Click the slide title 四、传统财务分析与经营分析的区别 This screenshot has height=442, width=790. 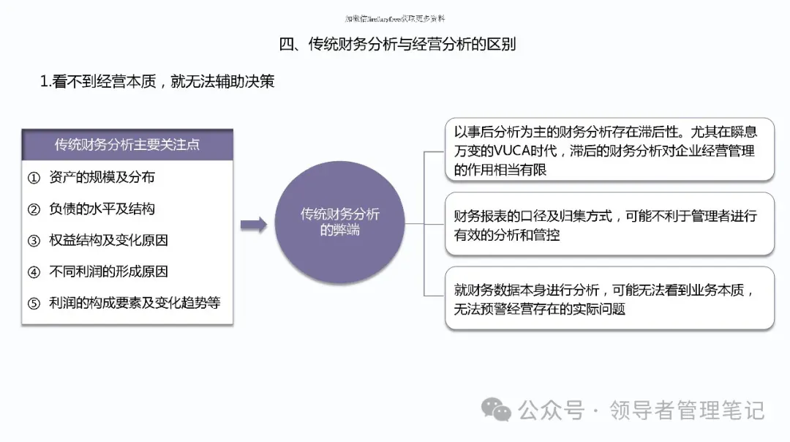(397, 44)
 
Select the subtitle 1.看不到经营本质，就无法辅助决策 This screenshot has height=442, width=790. (157, 81)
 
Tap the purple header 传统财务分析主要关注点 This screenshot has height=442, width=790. (127, 144)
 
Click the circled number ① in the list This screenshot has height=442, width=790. (34, 178)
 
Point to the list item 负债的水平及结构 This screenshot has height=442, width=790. (102, 209)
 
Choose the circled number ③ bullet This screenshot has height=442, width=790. (34, 241)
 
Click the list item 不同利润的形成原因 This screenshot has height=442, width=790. (108, 271)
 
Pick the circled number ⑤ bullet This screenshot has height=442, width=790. (34, 303)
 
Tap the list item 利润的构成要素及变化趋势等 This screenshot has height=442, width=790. (135, 302)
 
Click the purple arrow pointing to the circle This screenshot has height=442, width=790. (253, 225)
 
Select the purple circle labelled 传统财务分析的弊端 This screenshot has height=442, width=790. (340, 222)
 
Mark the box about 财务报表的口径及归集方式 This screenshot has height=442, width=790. (609, 225)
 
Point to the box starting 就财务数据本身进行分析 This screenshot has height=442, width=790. (609, 299)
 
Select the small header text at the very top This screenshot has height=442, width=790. (394, 18)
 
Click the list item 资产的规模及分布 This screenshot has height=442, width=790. (102, 177)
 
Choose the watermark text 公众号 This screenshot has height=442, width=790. (552, 410)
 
